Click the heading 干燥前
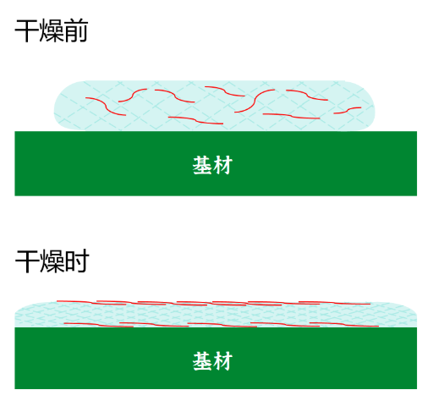52,31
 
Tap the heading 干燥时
52,261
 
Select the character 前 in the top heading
76,31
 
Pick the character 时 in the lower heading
77,261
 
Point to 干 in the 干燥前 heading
26,31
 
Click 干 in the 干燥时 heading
27,261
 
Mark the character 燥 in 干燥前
52,31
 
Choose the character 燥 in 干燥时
52,261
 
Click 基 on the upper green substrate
202,165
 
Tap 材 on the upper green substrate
222,165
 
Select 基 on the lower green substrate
202,361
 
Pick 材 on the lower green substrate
222,361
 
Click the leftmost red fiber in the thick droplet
106,106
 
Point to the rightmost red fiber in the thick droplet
348,110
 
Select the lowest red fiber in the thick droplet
195,120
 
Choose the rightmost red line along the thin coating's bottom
344,324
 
